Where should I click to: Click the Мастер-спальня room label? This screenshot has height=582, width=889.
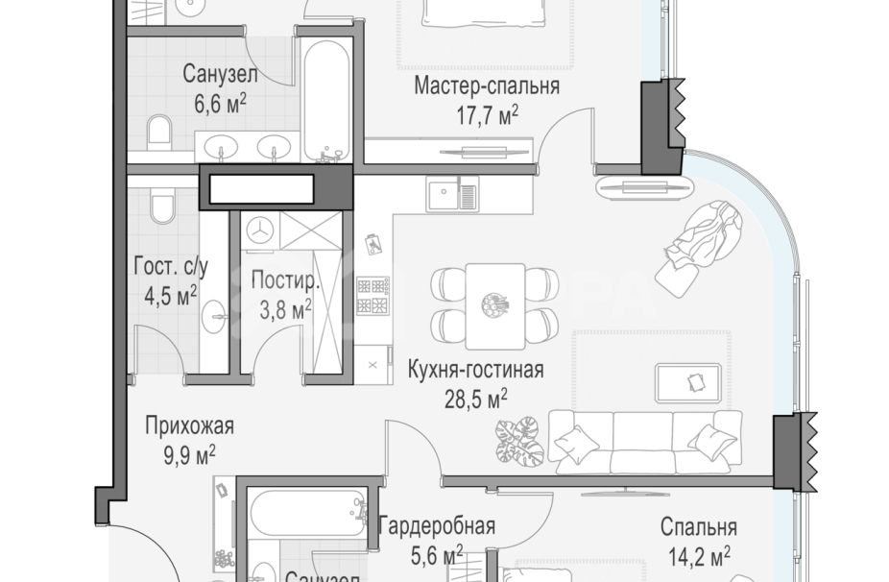pos(487,87)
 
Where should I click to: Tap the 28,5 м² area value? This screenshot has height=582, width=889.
pos(475,395)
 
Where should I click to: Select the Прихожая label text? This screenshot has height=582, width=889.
pos(189,425)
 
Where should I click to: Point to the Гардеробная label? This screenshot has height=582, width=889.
pos(437,525)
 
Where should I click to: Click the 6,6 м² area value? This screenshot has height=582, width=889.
pos(221,104)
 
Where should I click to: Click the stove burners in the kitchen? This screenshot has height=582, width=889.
pos(372,296)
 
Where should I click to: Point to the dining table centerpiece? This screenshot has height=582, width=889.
pos(495,304)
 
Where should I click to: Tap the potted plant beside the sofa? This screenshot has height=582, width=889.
pos(519,441)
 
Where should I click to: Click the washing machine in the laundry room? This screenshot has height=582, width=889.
pos(261,229)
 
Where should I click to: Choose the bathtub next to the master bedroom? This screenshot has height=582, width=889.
pos(328,98)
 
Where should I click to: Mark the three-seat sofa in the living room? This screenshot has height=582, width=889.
pos(644,441)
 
